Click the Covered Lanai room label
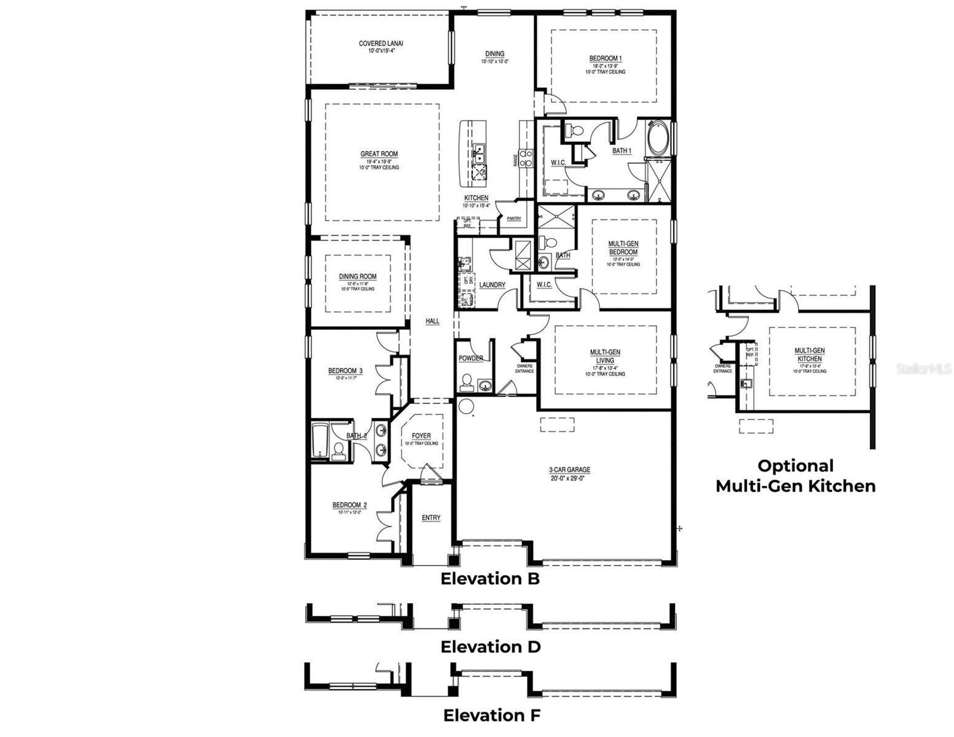[380, 44]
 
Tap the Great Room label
[379, 154]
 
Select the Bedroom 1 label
[605, 59]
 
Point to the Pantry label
[514, 219]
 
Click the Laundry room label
[492, 285]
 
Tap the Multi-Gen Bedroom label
[623, 248]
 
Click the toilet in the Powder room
[467, 382]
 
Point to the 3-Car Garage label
[569, 470]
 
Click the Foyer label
[421, 436]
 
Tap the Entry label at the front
[431, 518]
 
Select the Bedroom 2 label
[349, 505]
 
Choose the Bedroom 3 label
[345, 371]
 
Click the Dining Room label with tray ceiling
[357, 277]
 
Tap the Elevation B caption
[490, 579]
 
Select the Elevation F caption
[492, 715]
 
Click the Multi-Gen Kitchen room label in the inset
[810, 354]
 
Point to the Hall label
[433, 321]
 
